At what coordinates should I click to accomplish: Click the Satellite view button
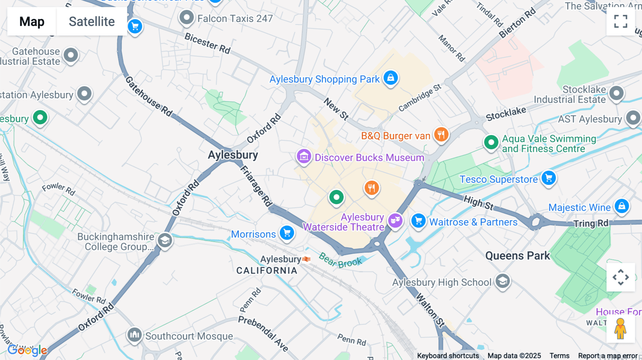point(92,21)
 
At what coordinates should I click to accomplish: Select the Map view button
point(32,21)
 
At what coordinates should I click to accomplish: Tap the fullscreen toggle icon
point(621,21)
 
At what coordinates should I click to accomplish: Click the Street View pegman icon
point(620,329)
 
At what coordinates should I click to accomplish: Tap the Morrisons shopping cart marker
point(287,233)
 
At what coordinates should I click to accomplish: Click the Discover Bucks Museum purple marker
point(304,156)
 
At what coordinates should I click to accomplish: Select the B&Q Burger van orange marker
point(441,135)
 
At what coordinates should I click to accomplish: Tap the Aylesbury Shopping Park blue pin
point(391,78)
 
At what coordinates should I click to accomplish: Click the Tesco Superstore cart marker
point(549,178)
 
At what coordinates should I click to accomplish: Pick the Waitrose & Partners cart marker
point(418,221)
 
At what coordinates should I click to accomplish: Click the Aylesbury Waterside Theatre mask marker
point(395,221)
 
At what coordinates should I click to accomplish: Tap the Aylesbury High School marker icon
point(503,281)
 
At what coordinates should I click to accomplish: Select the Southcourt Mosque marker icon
point(134,335)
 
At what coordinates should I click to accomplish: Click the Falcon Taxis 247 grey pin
point(187,17)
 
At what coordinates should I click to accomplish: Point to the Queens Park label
point(518,256)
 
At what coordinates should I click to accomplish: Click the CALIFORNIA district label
point(267,271)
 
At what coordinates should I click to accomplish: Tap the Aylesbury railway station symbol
point(306,259)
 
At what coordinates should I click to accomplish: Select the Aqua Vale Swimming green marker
point(491,142)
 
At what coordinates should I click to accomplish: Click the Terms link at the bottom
point(559,355)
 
